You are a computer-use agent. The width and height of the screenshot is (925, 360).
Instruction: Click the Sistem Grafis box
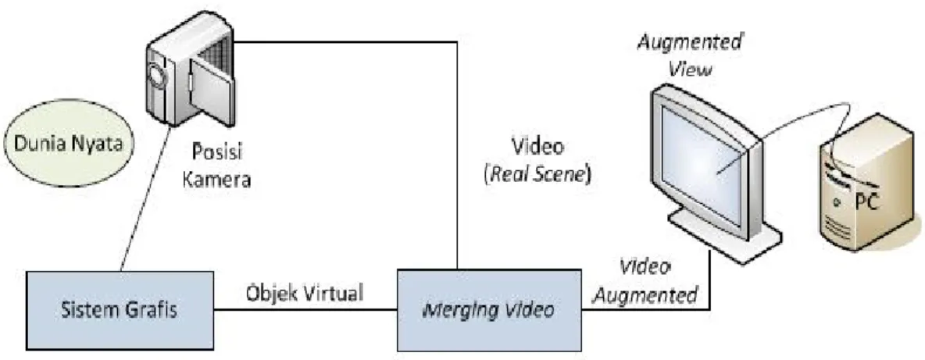(x=120, y=311)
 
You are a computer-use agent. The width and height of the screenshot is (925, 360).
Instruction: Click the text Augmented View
(x=688, y=56)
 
